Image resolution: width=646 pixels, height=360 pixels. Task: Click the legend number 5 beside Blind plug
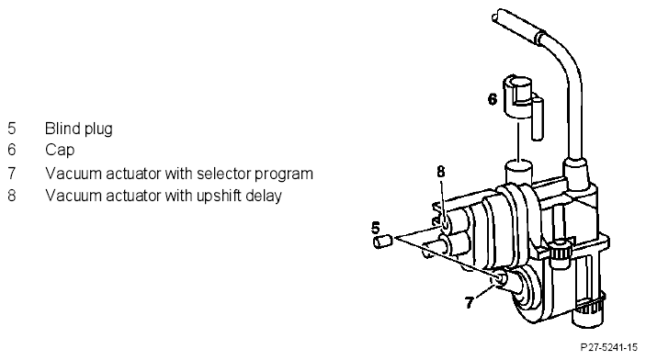click(12, 129)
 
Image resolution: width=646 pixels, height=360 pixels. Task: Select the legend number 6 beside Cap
click(12, 150)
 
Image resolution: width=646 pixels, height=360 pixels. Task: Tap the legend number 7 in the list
click(12, 174)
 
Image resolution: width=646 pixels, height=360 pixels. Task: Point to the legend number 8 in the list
click(12, 196)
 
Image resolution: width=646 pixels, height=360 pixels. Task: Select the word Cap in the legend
click(60, 151)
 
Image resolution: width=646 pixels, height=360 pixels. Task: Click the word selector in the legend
click(223, 174)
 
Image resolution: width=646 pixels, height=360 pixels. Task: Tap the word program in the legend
click(283, 175)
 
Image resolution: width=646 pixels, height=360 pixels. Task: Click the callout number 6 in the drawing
click(493, 99)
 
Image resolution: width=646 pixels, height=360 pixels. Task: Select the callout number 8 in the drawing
click(441, 172)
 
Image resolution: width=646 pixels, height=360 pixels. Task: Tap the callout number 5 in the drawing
click(375, 228)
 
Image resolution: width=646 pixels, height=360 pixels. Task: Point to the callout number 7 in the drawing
click(470, 303)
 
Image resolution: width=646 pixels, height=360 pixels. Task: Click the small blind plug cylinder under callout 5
click(383, 241)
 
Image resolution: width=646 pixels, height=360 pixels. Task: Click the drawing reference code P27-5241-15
click(609, 347)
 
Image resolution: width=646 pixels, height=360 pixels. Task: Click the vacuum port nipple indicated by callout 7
click(502, 278)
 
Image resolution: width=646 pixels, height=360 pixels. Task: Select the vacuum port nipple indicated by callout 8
click(447, 224)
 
